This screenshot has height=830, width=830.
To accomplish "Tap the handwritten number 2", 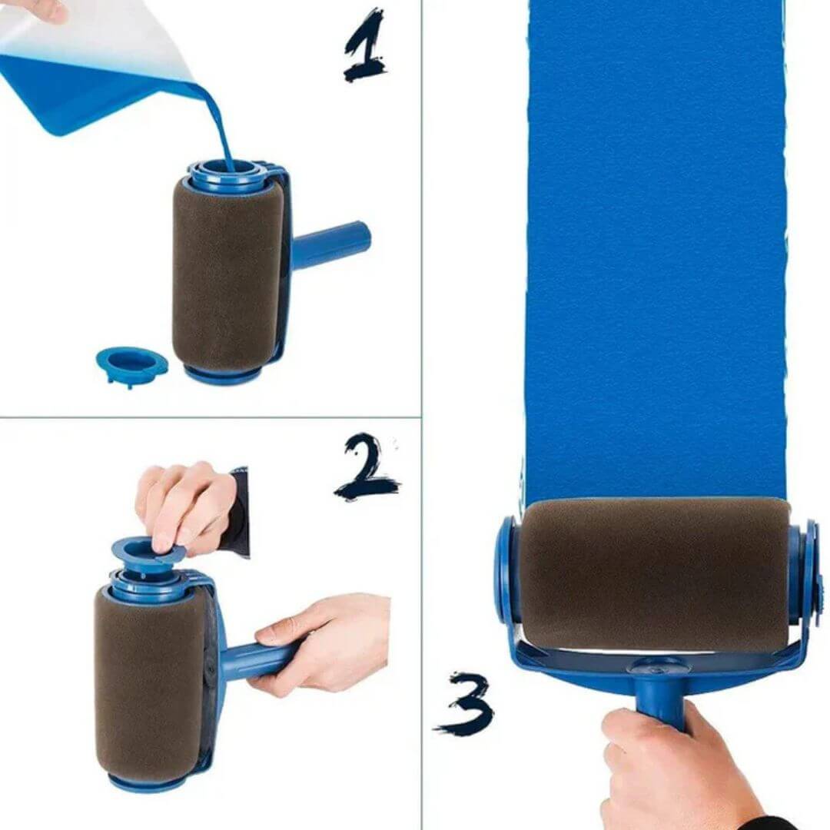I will point(367,467).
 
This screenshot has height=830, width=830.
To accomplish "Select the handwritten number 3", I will point(466,704).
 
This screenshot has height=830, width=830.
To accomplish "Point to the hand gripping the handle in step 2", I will point(323,642).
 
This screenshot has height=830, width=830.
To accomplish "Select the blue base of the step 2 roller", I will point(146,782).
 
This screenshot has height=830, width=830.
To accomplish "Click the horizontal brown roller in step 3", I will point(653,573).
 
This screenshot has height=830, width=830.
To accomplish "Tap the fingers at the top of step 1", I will point(38,9).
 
